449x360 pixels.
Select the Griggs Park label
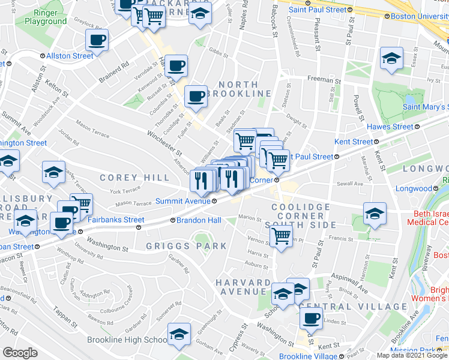point(187,246)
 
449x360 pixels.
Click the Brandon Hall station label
point(195,220)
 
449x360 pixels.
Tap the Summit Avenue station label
point(183,201)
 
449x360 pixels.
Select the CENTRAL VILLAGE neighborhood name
point(352,307)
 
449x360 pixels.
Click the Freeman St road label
point(324,79)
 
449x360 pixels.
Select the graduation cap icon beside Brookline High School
point(179,335)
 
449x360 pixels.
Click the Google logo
point(19,352)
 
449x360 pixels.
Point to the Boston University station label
point(419,16)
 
